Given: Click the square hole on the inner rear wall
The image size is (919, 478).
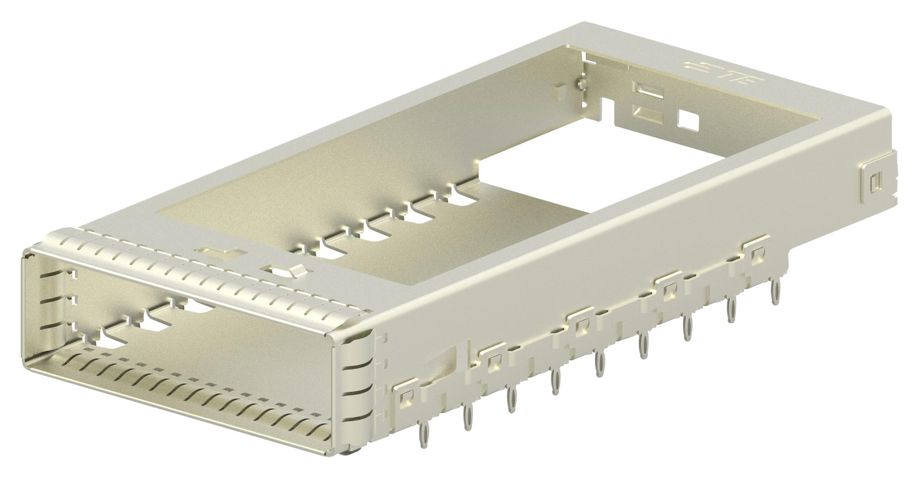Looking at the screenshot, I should tap(688, 120).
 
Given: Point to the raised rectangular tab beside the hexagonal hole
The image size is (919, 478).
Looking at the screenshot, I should tap(220, 252).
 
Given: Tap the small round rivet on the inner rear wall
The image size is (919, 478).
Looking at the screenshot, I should tap(582, 84).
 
